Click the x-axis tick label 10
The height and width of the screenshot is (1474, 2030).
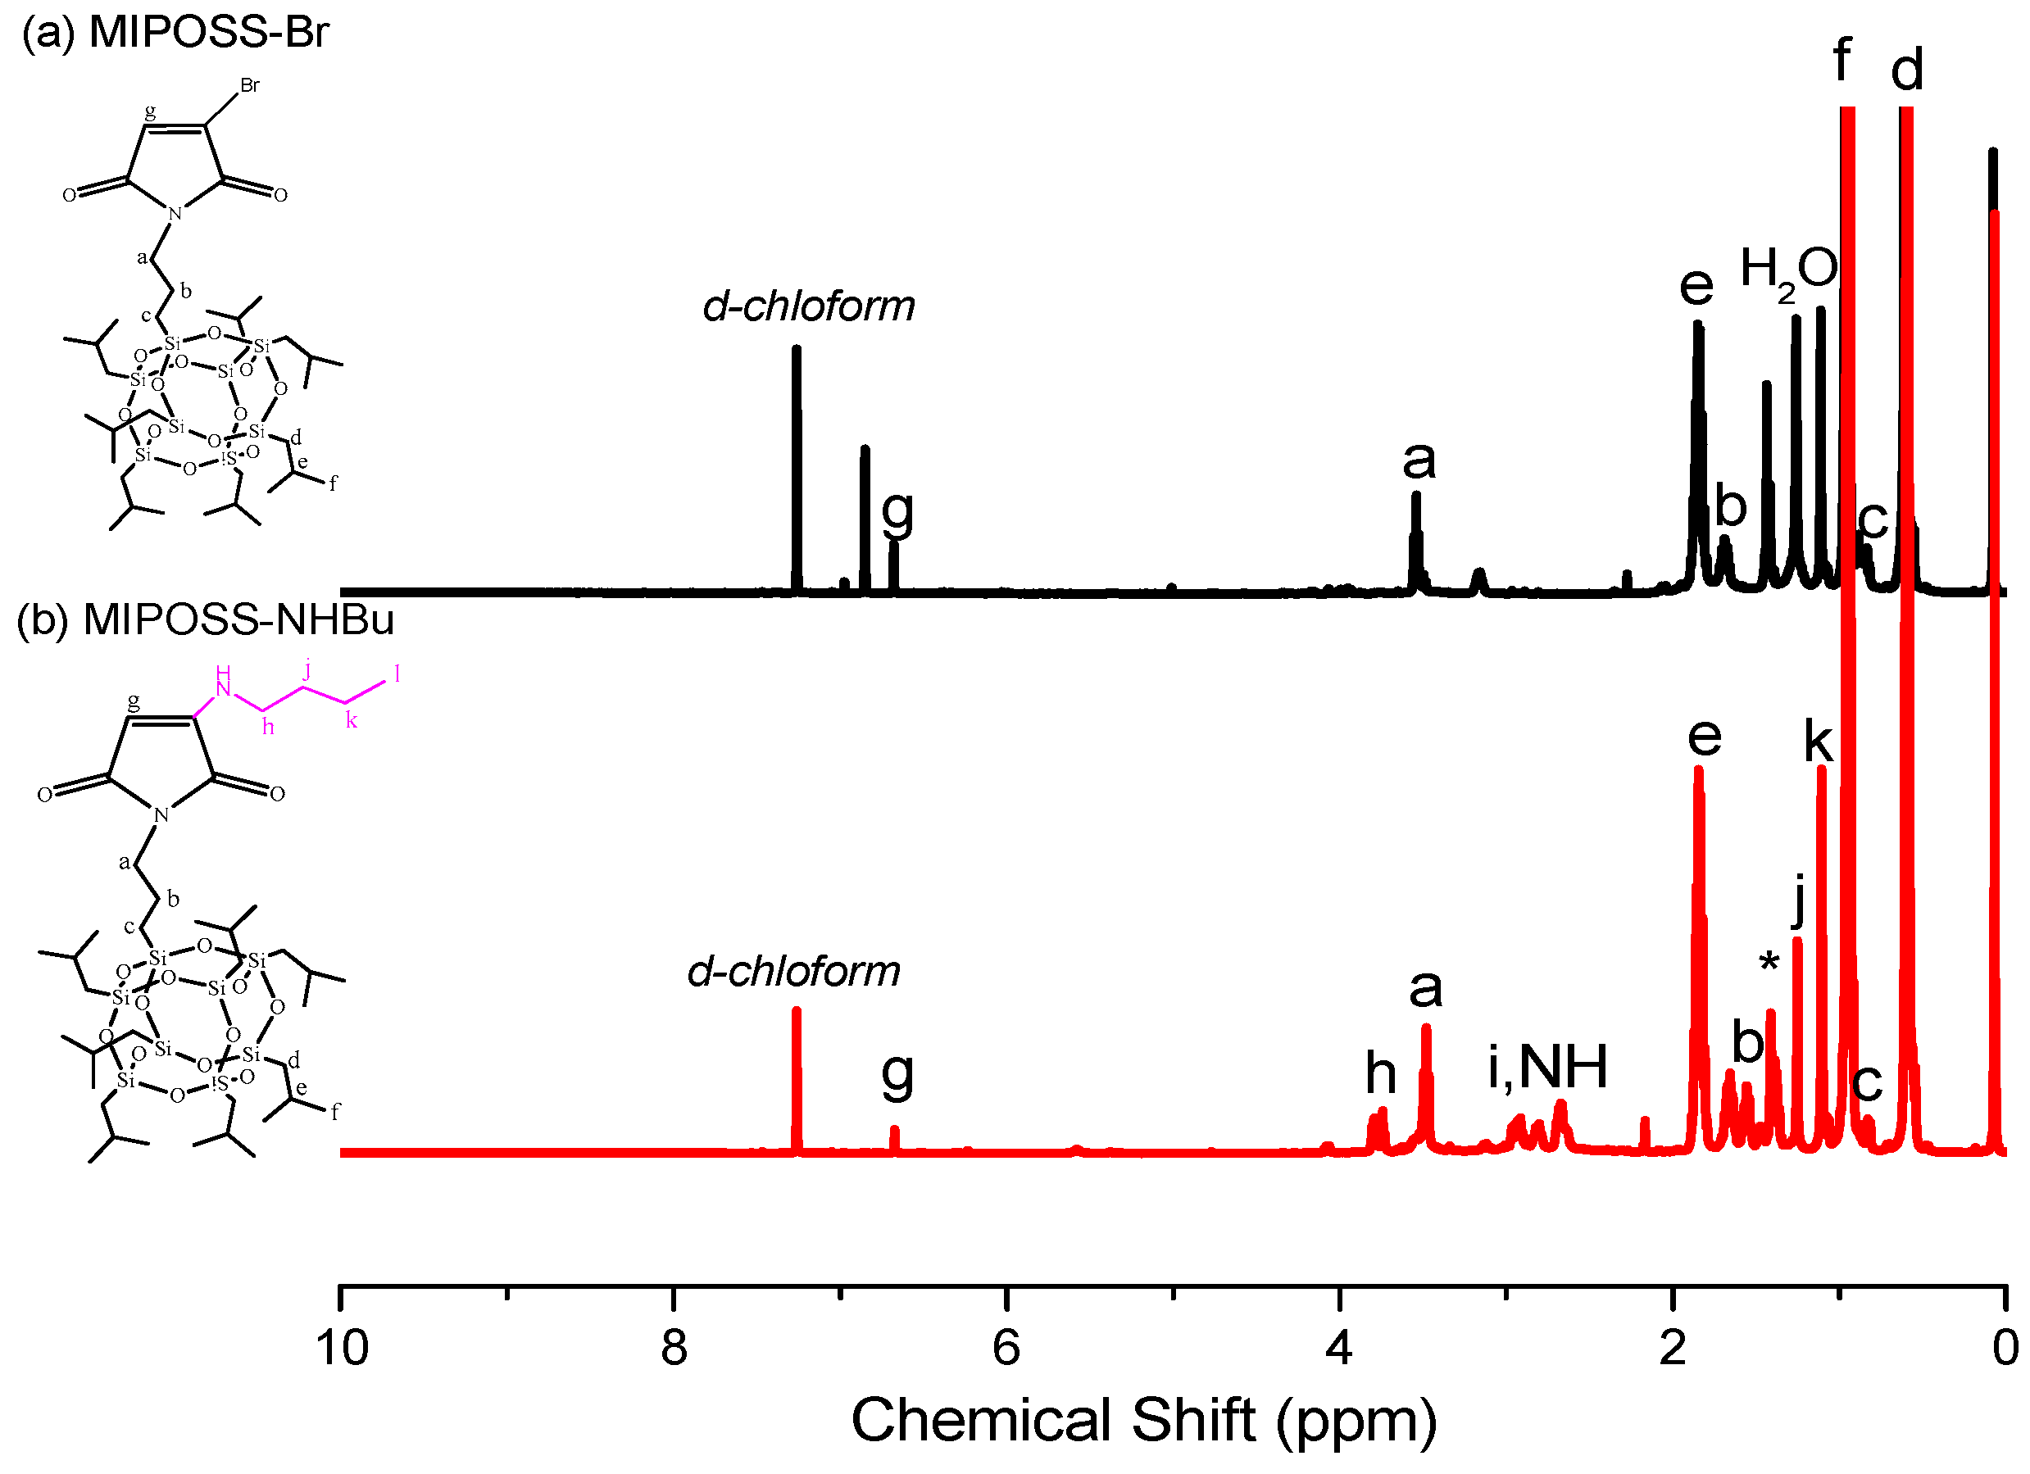(341, 1348)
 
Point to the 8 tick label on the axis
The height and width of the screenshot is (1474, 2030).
(674, 1348)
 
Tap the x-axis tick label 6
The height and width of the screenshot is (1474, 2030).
(1006, 1348)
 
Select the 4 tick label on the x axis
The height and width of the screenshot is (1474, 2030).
(1339, 1348)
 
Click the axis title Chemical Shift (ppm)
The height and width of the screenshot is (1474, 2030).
(1143, 1422)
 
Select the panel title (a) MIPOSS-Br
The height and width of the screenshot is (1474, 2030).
(175, 32)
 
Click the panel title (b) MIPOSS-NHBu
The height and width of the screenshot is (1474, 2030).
(206, 619)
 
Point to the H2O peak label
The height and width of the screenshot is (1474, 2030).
(1787, 270)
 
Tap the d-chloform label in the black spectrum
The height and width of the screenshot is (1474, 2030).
(808, 306)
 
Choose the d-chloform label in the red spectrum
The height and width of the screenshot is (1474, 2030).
(793, 971)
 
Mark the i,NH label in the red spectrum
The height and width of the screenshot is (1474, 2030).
(1546, 1067)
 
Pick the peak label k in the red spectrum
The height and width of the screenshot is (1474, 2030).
(1818, 742)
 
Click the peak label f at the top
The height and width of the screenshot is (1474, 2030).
(1842, 60)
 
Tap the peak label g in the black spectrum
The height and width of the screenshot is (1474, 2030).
(897, 512)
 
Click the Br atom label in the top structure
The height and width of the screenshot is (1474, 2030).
(250, 86)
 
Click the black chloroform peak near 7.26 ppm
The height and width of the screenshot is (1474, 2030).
(797, 465)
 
